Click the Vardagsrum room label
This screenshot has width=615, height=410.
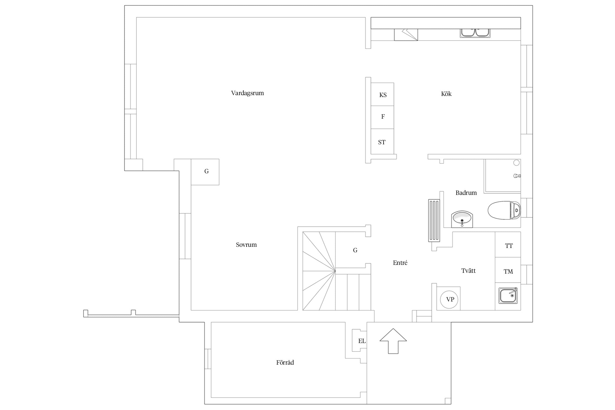tap(247, 93)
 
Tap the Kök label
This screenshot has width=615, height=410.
tap(446, 94)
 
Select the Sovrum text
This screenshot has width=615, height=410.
tap(246, 245)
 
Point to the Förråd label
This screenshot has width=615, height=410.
tap(285, 362)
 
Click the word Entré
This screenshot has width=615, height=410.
tap(400, 263)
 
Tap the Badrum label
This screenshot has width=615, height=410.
tap(466, 193)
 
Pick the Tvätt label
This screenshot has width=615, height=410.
tap(468, 271)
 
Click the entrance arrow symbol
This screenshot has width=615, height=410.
tap(393, 341)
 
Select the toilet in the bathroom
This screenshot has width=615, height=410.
tap(504, 210)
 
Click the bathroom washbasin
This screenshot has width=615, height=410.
tap(462, 219)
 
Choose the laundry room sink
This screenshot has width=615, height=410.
tap(508, 295)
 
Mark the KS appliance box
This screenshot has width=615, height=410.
tap(382, 94)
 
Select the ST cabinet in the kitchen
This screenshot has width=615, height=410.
tap(382, 142)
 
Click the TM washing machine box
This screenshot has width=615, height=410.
tap(508, 270)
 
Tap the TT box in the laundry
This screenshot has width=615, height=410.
tap(508, 245)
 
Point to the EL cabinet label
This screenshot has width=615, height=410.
tap(362, 341)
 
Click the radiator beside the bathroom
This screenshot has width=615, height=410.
tap(434, 221)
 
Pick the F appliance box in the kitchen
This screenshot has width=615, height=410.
tap(382, 117)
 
